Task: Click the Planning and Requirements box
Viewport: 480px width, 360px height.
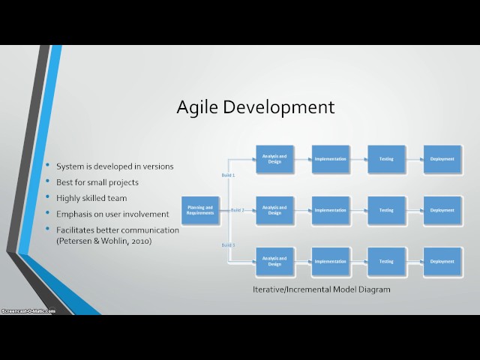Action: pyautogui.click(x=199, y=211)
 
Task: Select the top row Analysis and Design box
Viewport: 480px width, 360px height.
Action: pyautogui.click(x=274, y=159)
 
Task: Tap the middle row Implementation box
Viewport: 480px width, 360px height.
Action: pyautogui.click(x=330, y=211)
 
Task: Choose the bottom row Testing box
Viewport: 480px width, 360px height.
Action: pyautogui.click(x=386, y=262)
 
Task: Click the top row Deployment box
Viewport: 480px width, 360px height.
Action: pyautogui.click(x=442, y=159)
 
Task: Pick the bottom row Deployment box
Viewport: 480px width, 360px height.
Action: pyautogui.click(x=442, y=262)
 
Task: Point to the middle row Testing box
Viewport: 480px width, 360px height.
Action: pyautogui.click(x=386, y=211)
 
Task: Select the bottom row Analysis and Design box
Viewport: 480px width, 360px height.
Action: pyautogui.click(x=274, y=262)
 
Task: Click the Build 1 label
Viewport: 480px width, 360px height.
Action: pyautogui.click(x=228, y=175)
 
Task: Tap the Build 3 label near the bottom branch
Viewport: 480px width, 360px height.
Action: pyautogui.click(x=228, y=245)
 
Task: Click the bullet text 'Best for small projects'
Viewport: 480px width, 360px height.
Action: pyautogui.click(x=97, y=182)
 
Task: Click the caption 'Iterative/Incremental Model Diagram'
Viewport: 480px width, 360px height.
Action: pyautogui.click(x=321, y=289)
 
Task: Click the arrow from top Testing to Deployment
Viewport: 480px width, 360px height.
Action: pyautogui.click(x=414, y=159)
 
